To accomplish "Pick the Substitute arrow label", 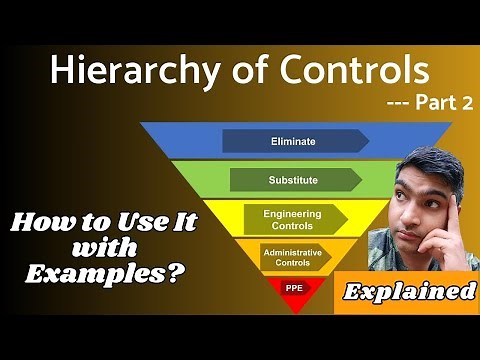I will click(293, 180).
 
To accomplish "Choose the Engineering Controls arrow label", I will click(291, 219).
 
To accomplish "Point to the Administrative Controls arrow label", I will click(291, 255).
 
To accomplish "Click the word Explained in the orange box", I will click(411, 292).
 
